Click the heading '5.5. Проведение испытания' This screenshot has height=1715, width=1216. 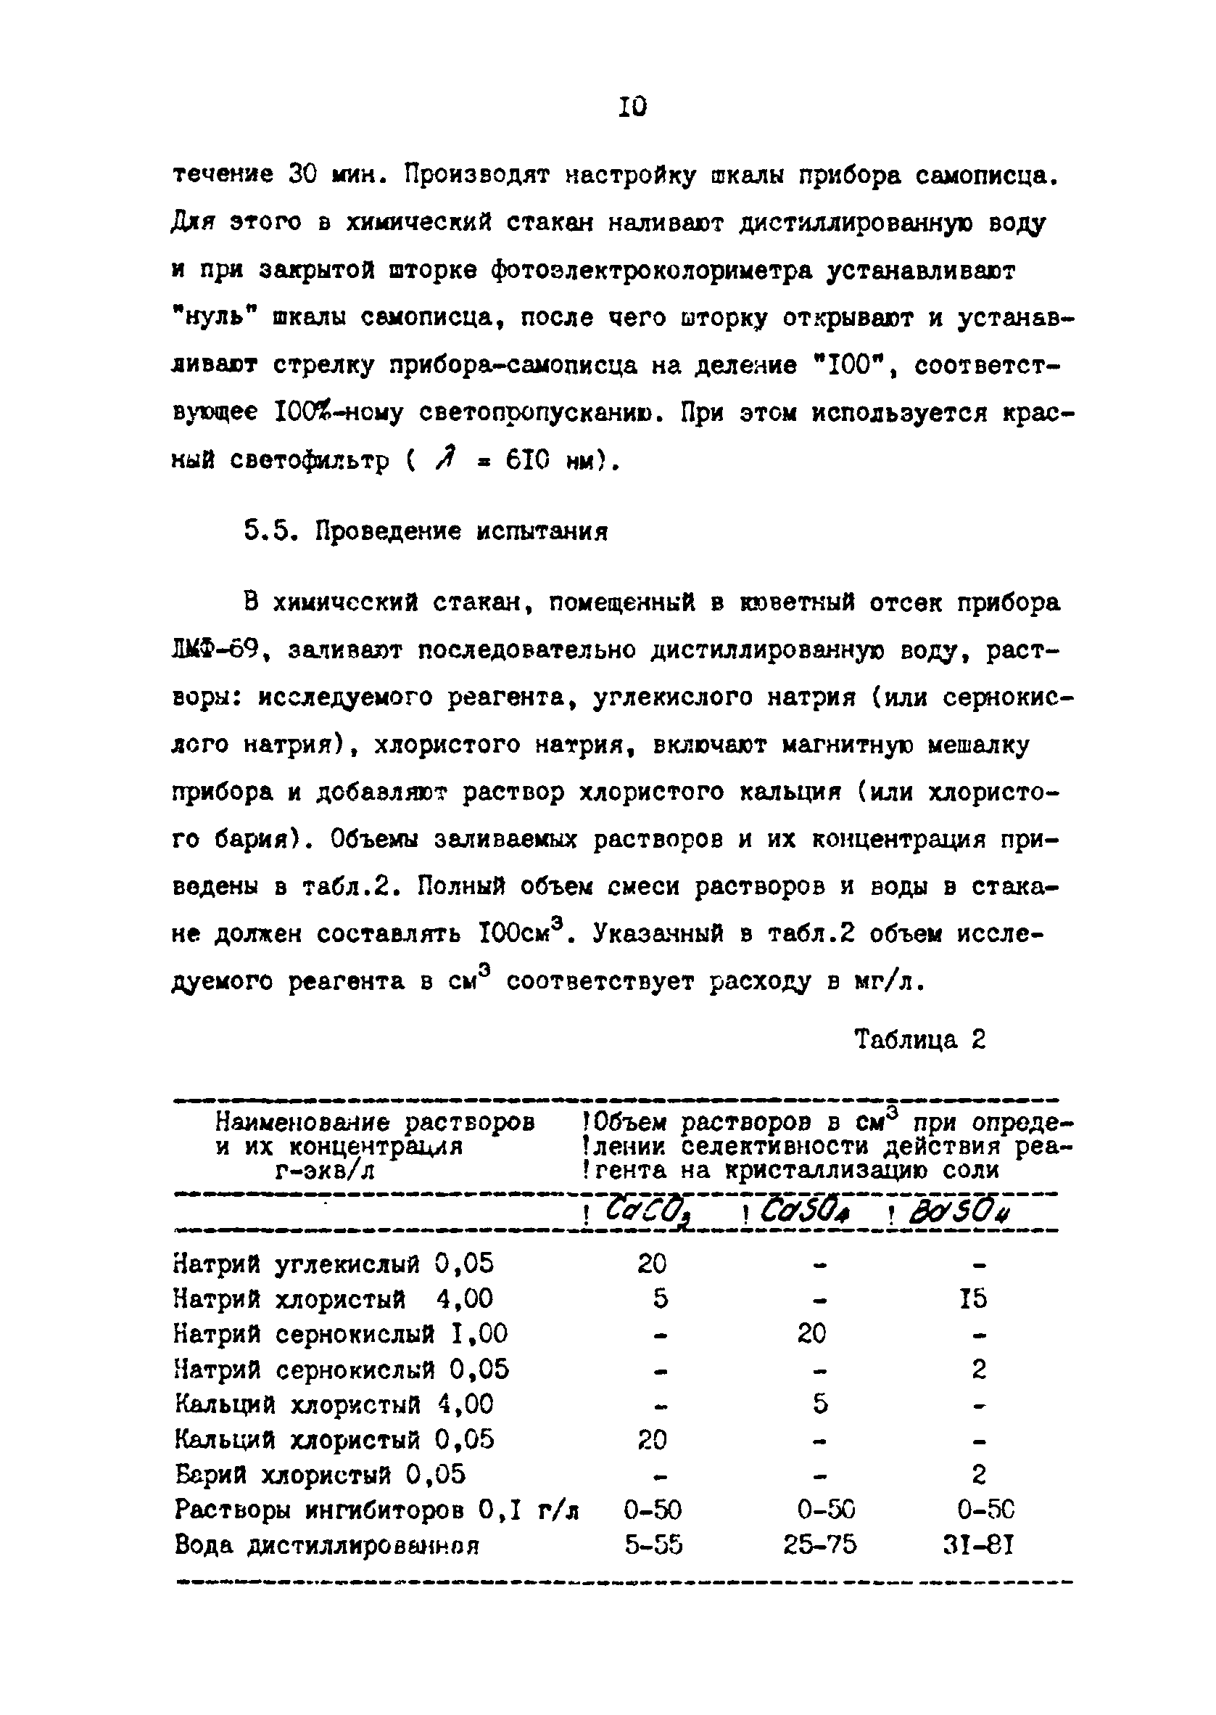coord(425,532)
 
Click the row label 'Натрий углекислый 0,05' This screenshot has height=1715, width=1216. coord(334,1264)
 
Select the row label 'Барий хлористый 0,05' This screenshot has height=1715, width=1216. coord(320,1475)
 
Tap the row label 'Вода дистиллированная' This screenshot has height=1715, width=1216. coord(326,1545)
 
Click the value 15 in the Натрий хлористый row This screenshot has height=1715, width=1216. coord(972,1299)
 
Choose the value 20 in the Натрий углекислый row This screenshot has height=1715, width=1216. coord(652,1264)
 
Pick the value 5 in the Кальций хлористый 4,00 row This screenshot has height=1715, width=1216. coord(820,1404)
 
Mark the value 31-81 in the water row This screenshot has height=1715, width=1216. coord(978,1545)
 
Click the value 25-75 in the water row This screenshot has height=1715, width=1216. coord(820,1545)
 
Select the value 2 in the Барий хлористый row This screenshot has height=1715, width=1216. coord(979,1475)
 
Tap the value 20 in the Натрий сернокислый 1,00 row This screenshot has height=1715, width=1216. coord(811,1334)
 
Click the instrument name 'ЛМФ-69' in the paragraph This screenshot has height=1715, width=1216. coord(215,650)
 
